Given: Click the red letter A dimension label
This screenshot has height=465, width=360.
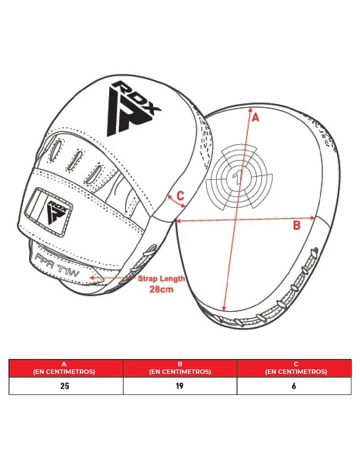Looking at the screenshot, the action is [255, 118].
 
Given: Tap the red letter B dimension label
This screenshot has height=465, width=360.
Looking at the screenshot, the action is [296, 225].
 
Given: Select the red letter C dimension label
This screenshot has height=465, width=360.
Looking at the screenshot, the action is [180, 196].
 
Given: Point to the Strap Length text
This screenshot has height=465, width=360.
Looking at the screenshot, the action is [161, 278].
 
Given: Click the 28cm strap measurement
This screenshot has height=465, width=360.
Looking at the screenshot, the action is [161, 289].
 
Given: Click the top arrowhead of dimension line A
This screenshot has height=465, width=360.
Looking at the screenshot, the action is [250, 109].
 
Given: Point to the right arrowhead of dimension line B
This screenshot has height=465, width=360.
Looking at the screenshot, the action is [313, 218].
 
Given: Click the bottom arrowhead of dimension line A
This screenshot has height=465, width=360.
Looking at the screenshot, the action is [224, 308].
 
